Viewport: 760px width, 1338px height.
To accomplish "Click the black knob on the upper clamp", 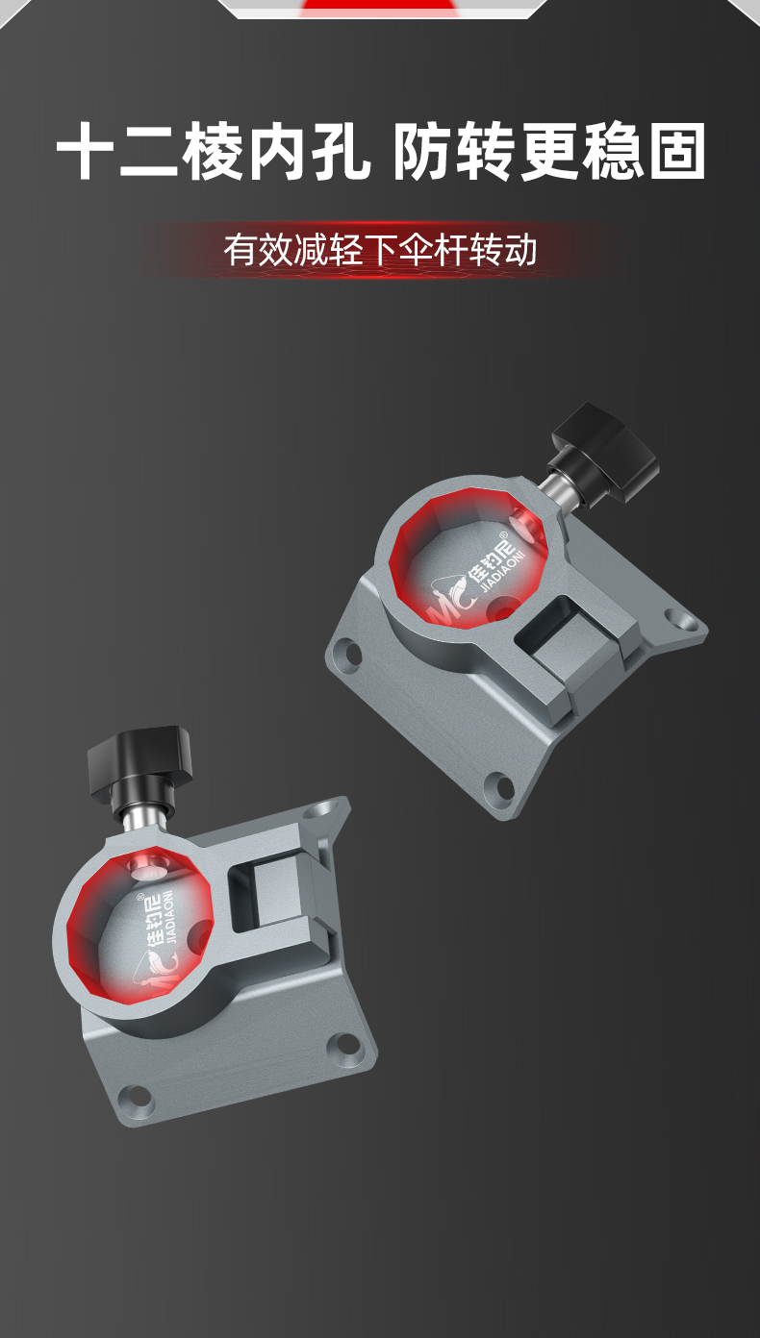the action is [603, 451].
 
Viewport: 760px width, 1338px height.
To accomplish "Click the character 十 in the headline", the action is [86, 151].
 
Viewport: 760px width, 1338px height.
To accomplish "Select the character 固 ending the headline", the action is [677, 151].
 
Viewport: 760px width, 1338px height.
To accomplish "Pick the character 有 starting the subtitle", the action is [240, 250].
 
